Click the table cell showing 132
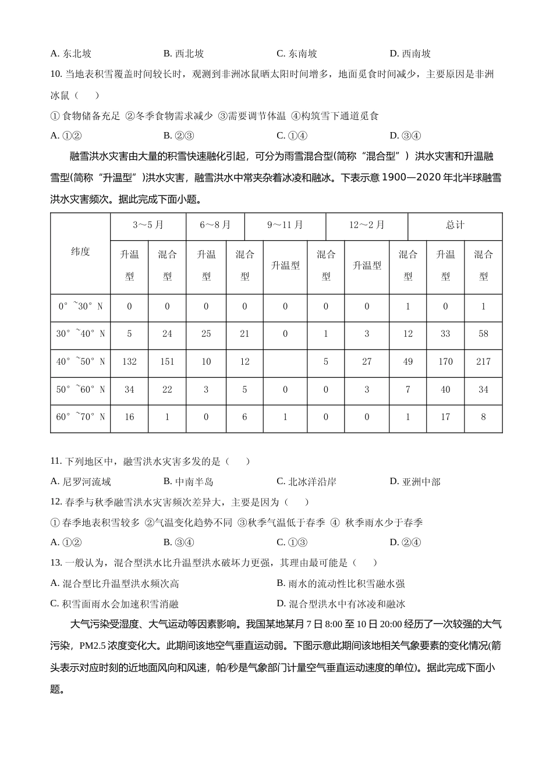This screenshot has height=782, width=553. pos(129,361)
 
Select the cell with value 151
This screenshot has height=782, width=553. pos(167,361)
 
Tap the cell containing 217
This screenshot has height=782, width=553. pos(483,361)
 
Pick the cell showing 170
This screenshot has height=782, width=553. pos(445,361)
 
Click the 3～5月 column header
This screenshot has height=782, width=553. pos(148,225)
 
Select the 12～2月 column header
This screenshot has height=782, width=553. pos(367,225)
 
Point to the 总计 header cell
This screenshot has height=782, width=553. pos(455,225)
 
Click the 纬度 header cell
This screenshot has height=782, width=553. pos(80,252)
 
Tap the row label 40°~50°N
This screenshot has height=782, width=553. pos(80,361)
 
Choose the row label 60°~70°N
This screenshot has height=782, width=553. pos(80,417)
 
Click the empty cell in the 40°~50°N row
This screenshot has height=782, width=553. pos(285,361)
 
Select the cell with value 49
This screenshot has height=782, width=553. pos(407,361)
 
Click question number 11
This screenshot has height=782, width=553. pos(56,461)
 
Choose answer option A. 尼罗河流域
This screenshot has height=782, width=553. pos(81,482)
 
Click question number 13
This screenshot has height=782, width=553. pos(56,563)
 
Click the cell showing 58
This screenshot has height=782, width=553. pos(483,333)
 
